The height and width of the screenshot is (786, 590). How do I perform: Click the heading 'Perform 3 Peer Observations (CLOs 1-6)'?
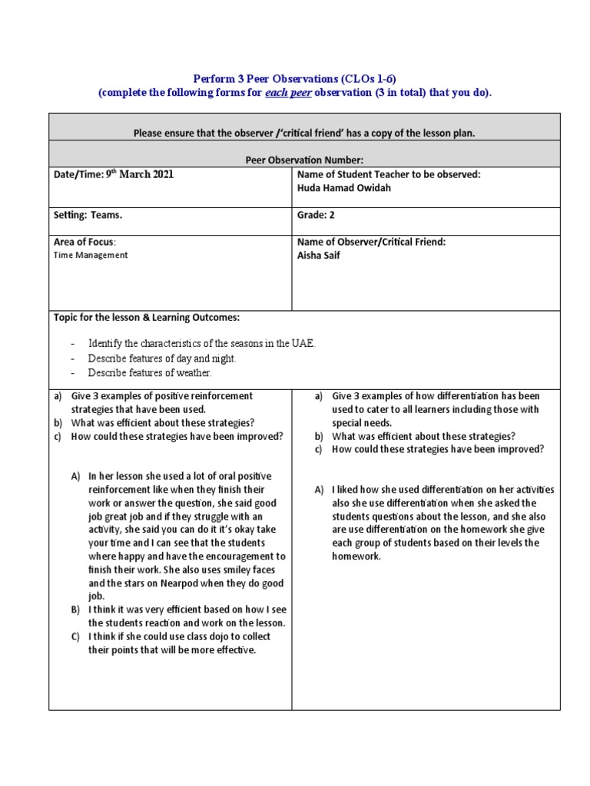294,79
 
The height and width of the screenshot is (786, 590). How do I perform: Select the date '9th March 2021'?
138,174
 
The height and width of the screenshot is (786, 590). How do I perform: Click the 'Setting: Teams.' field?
88,216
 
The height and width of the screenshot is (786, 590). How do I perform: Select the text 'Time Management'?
91,256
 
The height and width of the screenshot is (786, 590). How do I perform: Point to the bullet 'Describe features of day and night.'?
162,358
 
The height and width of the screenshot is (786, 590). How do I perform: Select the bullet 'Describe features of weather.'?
149,373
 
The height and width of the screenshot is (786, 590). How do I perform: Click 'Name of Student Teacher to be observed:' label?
389,174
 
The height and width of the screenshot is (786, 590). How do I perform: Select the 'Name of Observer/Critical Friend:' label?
371,242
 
